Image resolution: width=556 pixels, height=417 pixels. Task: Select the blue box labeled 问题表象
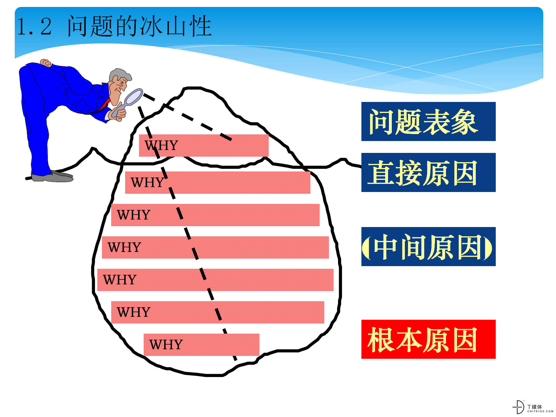tap(428, 122)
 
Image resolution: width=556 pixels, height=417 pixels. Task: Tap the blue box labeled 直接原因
tap(428, 173)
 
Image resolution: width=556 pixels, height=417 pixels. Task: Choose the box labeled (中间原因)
tap(428, 247)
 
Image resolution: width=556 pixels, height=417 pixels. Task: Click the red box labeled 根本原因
tap(428, 339)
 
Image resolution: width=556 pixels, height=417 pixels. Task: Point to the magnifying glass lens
tap(133, 97)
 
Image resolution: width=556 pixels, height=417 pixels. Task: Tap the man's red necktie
tap(105, 105)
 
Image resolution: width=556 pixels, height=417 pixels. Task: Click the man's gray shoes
tap(52, 176)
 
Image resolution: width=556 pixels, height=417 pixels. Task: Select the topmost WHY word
tap(161, 145)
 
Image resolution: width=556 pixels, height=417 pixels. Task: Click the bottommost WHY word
tap(166, 345)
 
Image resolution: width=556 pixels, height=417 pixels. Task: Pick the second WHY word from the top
tap(147, 182)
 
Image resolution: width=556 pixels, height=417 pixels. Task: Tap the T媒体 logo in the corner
tap(533, 407)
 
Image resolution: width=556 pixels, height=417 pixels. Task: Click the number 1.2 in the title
tap(34, 27)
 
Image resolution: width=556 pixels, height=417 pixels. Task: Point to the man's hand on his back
tap(45, 63)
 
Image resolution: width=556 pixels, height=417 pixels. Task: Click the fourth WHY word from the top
tap(124, 247)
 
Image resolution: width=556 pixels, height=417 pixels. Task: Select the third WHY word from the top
tap(133, 215)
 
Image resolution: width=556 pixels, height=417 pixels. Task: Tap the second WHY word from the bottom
tap(133, 312)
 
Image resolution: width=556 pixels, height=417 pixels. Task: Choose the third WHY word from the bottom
tap(120, 280)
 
